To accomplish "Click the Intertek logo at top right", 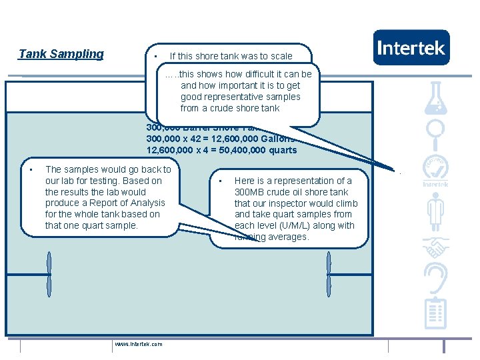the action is click(x=411, y=47).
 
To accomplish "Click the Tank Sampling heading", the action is click(x=61, y=54).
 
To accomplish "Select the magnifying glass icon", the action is click(x=435, y=133).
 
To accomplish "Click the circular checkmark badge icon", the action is click(x=435, y=167).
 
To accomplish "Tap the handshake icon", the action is click(x=435, y=248).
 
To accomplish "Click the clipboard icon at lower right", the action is click(x=435, y=313).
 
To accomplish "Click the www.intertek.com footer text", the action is click(x=138, y=344).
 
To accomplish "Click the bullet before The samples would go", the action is click(x=31, y=170).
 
